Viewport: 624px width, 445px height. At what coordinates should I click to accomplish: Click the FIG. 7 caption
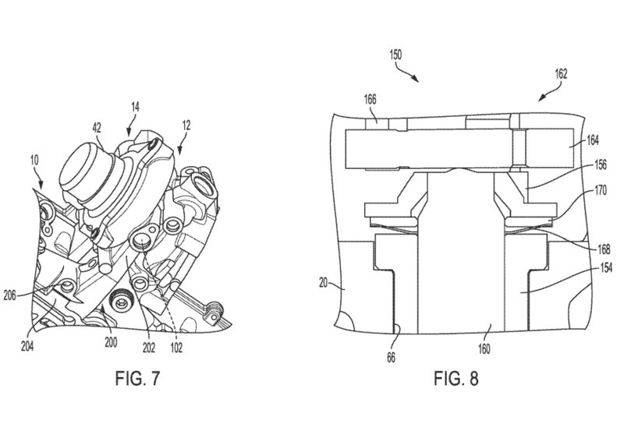tap(137, 378)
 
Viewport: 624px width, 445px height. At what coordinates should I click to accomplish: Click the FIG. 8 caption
tap(456, 378)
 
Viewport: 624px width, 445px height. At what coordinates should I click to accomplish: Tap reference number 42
tap(96, 128)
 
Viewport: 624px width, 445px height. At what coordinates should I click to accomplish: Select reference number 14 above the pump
tap(135, 107)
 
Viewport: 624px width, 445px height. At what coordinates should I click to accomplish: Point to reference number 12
tap(186, 125)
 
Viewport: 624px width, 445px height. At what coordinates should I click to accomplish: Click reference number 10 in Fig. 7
tap(34, 161)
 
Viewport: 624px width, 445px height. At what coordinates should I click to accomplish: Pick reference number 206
tap(9, 295)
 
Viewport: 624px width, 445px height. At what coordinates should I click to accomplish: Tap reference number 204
tap(27, 347)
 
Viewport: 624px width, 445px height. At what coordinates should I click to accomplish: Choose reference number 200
tap(111, 342)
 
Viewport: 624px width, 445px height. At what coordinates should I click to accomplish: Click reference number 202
tap(148, 348)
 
